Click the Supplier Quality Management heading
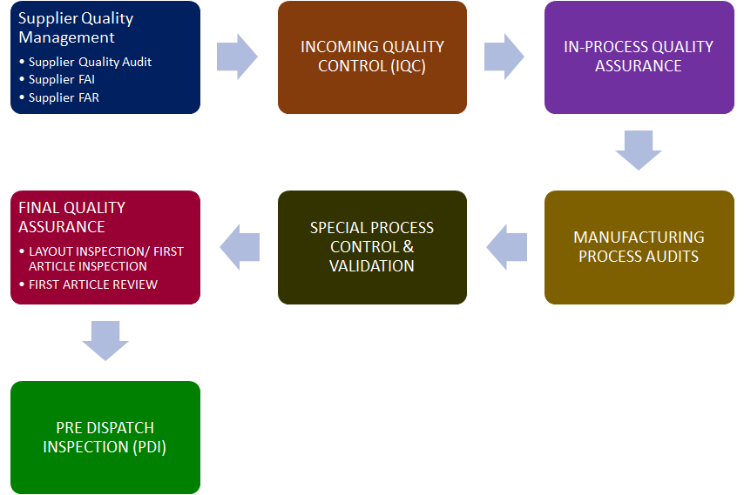point(75,28)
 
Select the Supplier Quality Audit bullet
point(90,62)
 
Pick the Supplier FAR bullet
point(64,98)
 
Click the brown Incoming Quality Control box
point(372,57)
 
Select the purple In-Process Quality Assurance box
point(639,57)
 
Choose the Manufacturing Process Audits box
point(639,247)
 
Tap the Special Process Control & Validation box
point(372,247)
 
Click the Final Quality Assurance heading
point(72,217)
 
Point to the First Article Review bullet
point(93,284)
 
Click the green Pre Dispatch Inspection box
point(105,438)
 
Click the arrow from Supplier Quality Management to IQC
point(237,57)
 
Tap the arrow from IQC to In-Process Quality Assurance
point(504,57)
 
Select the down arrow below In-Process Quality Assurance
point(639,150)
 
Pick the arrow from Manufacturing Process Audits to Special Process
point(506,247)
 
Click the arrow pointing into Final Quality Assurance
point(240,247)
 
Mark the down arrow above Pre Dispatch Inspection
point(105,340)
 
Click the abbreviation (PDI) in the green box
point(146,447)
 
